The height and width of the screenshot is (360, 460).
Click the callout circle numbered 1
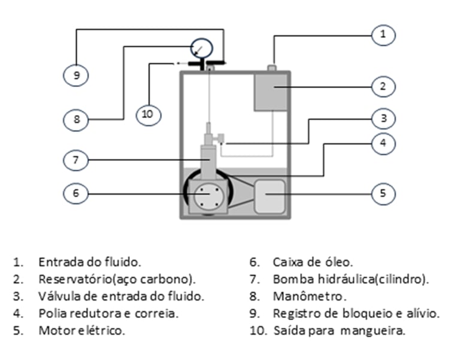click(x=383, y=34)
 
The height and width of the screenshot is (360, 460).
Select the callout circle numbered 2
click(x=383, y=86)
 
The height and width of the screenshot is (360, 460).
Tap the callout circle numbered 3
click(x=383, y=119)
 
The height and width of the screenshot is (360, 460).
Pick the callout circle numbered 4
click(x=383, y=143)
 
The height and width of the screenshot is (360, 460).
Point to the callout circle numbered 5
click(x=383, y=193)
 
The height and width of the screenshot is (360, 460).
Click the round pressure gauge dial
click(x=202, y=47)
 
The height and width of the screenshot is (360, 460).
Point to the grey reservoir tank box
click(x=272, y=92)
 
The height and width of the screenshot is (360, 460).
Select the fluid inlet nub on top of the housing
click(x=271, y=68)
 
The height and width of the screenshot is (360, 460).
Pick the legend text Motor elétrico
click(x=82, y=331)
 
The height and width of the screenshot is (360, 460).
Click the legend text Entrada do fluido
click(x=90, y=262)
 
